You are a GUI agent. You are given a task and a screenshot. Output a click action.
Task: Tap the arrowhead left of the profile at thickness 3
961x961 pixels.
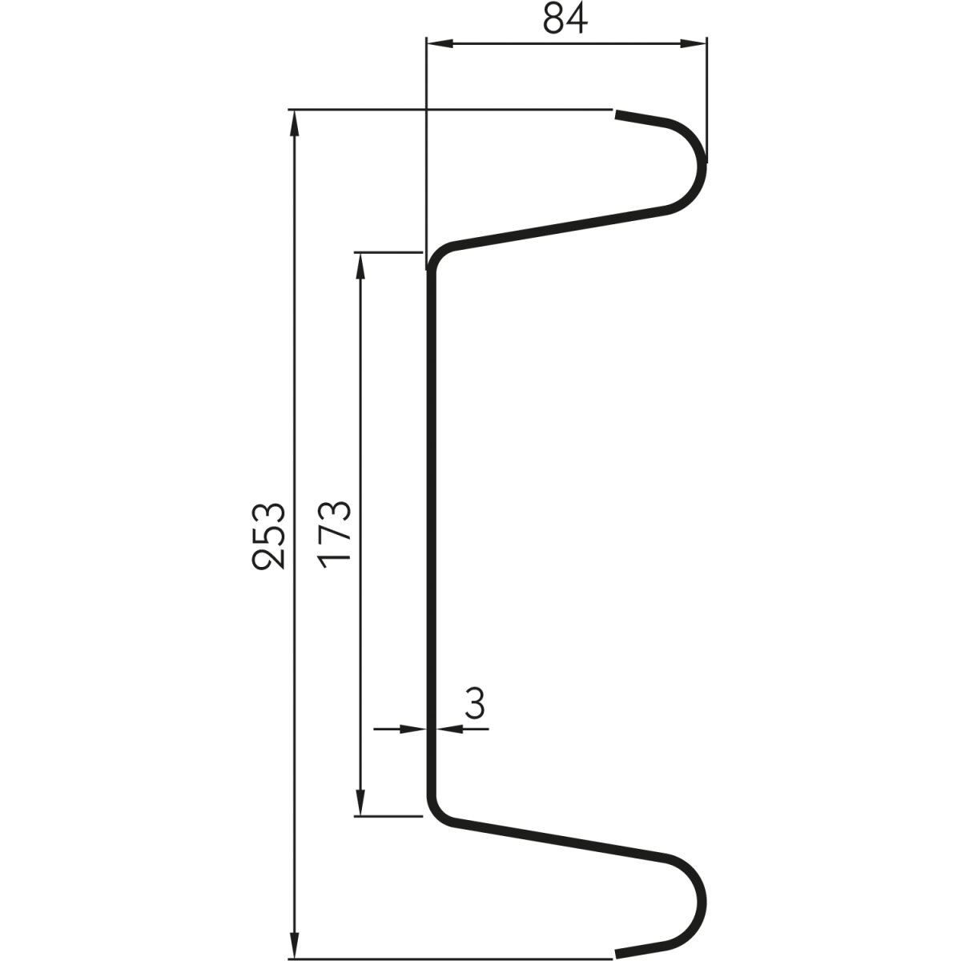coord(412,729)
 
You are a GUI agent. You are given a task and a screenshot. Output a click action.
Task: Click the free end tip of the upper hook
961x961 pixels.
coord(617,116)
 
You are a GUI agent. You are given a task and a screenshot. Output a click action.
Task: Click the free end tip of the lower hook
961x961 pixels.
coord(617,953)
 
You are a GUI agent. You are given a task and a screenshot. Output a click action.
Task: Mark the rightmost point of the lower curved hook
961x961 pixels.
coord(705,905)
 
